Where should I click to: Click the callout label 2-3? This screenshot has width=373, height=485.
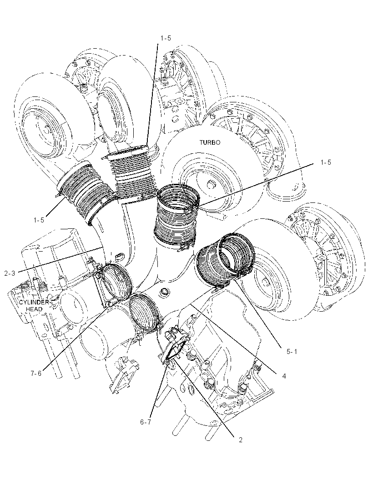(x=10, y=273)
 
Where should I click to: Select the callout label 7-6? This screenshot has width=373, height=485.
(x=36, y=374)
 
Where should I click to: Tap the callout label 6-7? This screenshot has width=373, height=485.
(x=146, y=422)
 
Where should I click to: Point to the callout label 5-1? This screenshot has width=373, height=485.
(x=292, y=351)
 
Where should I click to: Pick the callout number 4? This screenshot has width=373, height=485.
(x=284, y=376)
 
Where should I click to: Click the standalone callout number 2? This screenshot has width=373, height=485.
(x=240, y=440)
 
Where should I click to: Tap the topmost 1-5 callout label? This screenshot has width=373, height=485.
(x=166, y=38)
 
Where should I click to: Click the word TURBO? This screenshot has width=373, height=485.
(x=210, y=142)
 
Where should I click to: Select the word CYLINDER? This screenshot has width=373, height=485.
(x=34, y=302)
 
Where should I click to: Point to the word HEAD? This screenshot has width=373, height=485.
(x=34, y=308)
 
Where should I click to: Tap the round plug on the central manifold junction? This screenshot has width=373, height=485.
(x=163, y=292)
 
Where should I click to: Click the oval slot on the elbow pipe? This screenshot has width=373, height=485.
(x=118, y=257)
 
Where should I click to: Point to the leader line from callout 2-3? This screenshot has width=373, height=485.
(x=61, y=259)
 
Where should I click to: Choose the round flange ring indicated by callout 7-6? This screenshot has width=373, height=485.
(x=116, y=281)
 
